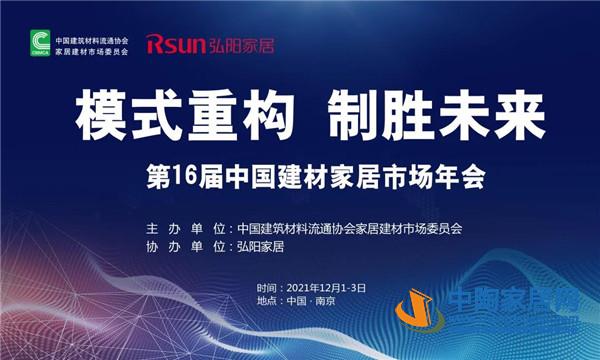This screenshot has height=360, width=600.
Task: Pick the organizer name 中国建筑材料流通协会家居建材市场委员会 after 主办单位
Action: click(349, 228)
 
